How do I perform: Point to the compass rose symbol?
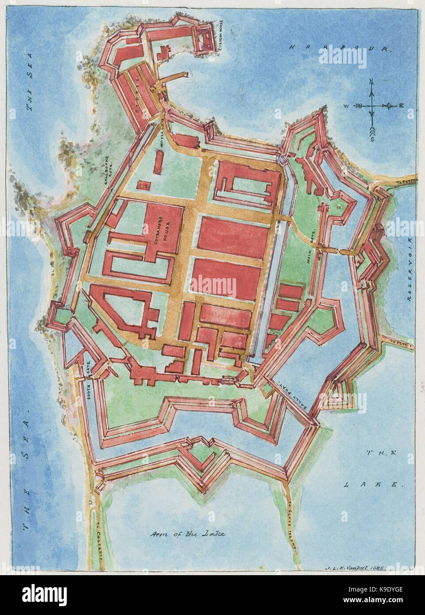coord(372,106)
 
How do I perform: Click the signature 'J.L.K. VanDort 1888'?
coord(353,567)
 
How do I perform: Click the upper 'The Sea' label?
coord(30,93)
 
